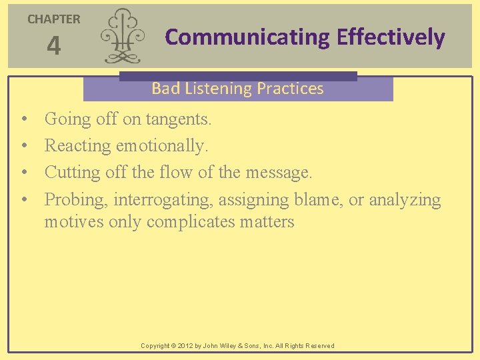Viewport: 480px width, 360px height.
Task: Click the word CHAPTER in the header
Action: tap(53, 19)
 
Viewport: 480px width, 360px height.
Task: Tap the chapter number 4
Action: tap(53, 47)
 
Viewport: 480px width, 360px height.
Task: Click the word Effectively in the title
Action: tap(391, 37)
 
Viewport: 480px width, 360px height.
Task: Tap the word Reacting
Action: tap(78, 146)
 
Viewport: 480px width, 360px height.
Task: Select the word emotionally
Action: tap(162, 146)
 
